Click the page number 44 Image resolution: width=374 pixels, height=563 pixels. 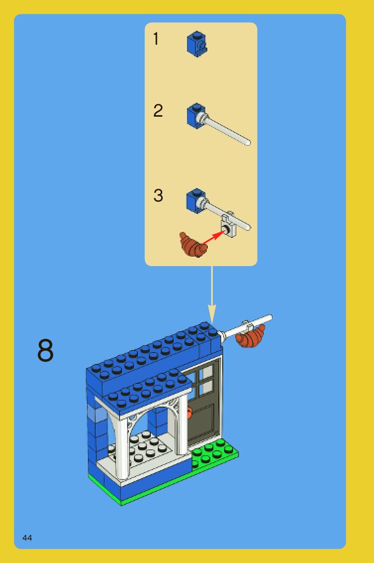[27, 538]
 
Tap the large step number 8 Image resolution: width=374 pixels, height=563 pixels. [45, 350]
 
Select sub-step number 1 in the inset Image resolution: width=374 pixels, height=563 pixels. [156, 39]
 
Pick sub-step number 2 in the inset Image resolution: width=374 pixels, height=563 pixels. [158, 111]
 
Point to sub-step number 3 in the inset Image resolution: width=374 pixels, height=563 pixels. [158, 196]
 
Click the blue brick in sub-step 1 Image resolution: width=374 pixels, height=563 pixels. [197, 44]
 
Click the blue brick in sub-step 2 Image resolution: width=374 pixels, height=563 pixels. [196, 116]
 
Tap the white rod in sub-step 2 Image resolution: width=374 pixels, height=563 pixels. [227, 129]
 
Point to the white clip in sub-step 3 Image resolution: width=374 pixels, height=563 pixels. [229, 225]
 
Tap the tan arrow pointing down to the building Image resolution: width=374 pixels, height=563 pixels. [212, 295]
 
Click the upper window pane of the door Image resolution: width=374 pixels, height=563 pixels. [208, 371]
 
